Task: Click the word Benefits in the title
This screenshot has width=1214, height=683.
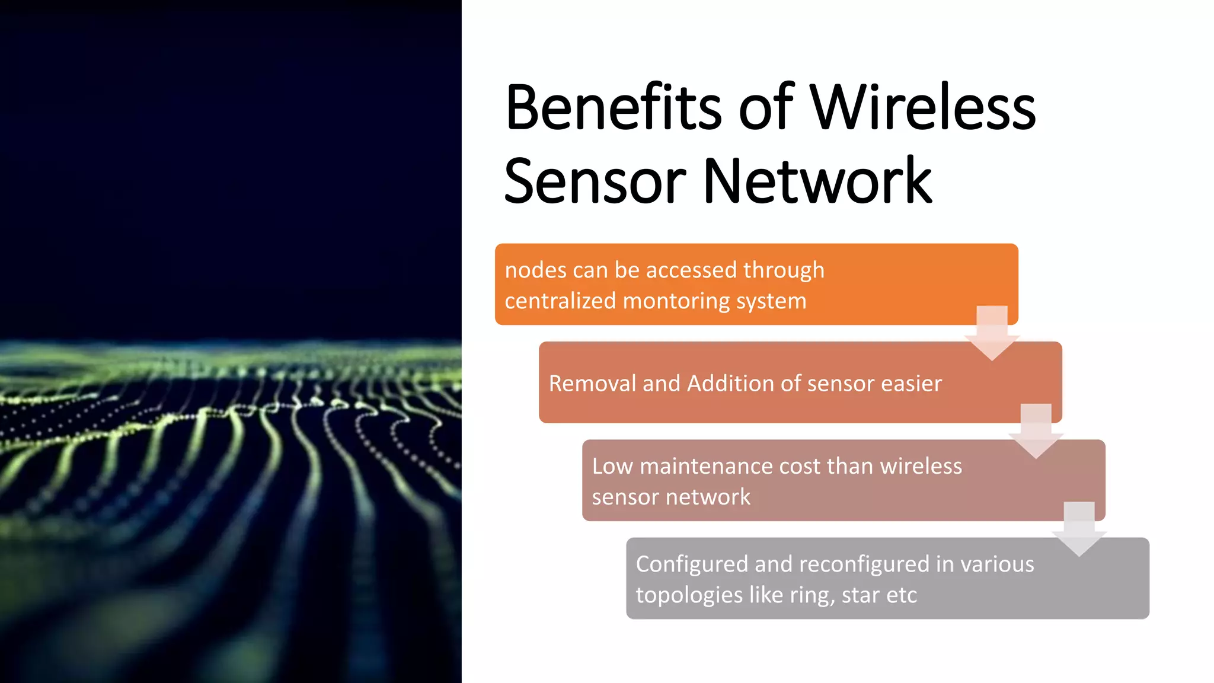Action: tap(613, 108)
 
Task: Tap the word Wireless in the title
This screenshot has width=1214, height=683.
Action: tap(922, 108)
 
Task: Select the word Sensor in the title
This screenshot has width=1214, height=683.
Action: tap(595, 181)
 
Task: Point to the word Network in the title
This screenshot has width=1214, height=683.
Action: tap(817, 181)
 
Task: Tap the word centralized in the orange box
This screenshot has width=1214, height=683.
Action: tap(560, 301)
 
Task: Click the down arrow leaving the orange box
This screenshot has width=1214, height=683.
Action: tap(992, 333)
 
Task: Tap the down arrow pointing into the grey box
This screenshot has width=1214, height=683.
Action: tap(1079, 529)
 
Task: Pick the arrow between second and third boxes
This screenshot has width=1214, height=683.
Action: tap(1036, 432)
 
